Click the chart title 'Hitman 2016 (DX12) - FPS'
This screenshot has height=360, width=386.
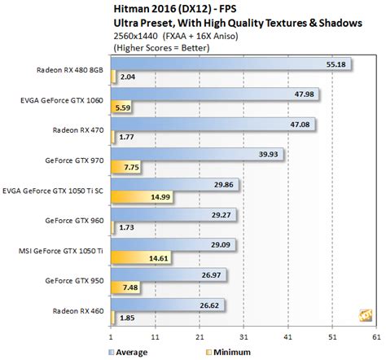173,8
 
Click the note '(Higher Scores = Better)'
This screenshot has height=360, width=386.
158,48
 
